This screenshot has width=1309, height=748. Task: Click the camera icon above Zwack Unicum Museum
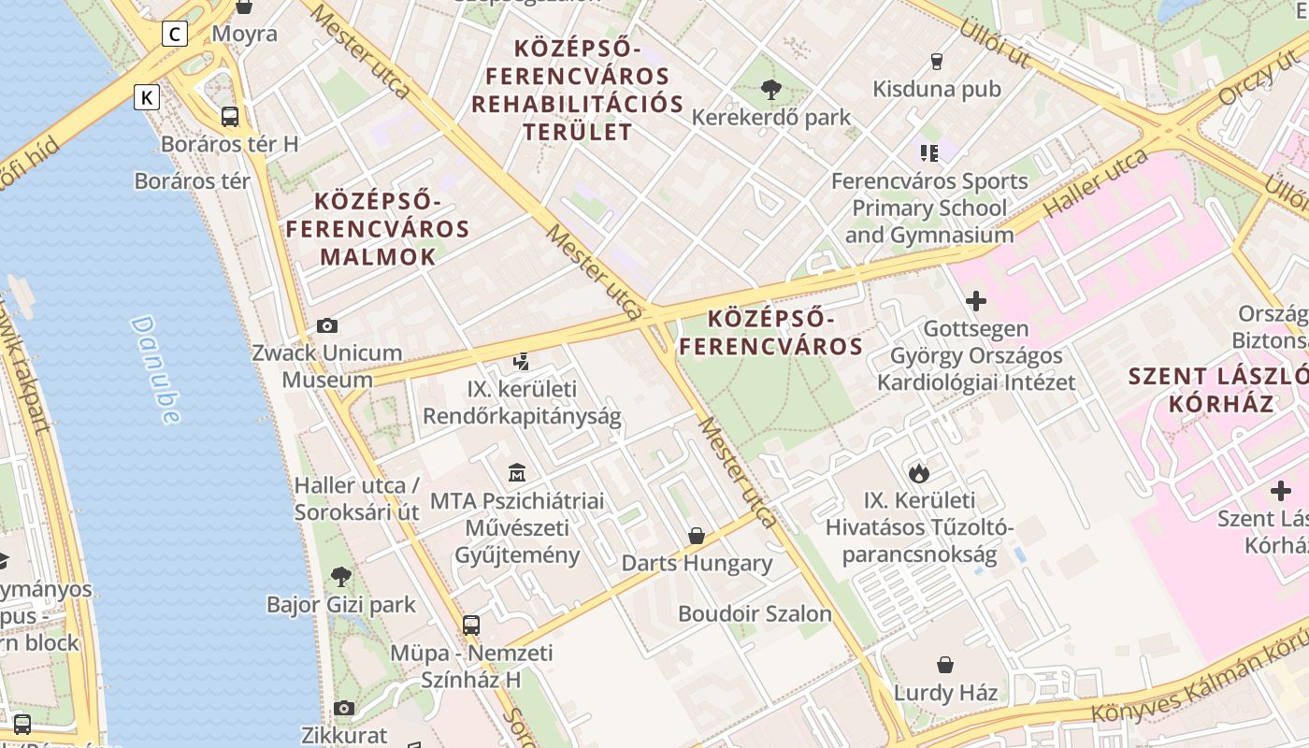[x=326, y=325]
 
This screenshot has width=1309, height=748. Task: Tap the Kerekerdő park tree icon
[x=771, y=90]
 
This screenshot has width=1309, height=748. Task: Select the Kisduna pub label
[x=936, y=89]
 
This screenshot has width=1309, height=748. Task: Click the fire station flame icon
[x=919, y=473]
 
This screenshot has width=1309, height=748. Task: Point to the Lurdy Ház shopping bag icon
[x=945, y=665]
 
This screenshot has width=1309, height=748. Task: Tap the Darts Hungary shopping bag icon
[x=697, y=536]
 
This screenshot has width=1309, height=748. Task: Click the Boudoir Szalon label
[x=755, y=614]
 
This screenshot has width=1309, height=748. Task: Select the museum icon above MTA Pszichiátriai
[x=517, y=473]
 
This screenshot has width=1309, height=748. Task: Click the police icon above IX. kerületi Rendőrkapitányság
[x=522, y=361]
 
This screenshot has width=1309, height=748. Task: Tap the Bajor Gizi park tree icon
[x=341, y=577]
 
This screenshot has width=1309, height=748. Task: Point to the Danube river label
[x=156, y=368]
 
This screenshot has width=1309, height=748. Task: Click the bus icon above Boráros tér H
[x=229, y=117]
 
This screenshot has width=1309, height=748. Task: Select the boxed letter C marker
[x=174, y=35]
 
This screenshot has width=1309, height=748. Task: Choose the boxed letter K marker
[x=147, y=97]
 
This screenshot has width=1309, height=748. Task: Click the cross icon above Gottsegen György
[x=975, y=301]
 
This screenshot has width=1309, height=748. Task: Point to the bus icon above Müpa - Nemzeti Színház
[x=471, y=625]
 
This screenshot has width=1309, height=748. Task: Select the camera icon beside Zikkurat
[x=344, y=708]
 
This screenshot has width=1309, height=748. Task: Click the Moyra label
[x=244, y=35]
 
